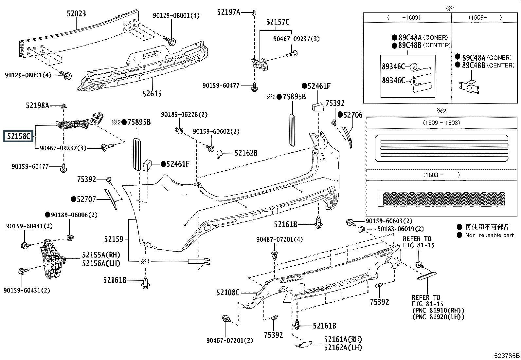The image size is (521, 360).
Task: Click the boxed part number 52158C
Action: pos(18,136)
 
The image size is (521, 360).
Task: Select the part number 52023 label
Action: pos(76,14)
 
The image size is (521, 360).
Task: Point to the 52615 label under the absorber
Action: pos(152,94)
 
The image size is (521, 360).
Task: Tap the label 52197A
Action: pos(228,12)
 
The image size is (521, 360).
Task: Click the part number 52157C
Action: pos(278,22)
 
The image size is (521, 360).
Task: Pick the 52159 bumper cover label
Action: pos(114,239)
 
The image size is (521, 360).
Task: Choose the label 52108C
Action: pos(228,292)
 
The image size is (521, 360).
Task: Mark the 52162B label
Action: pos(246,153)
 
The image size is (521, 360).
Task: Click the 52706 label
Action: pos(352,115)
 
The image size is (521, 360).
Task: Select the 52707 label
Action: pos(86,199)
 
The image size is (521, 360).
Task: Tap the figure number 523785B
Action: pos(507,356)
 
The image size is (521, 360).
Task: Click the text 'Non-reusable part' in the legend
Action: pos(489,235)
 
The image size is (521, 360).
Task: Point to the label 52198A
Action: pos(37,105)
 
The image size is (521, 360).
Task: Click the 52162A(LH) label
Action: pos(343,348)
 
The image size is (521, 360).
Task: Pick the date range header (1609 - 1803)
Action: pos(441,123)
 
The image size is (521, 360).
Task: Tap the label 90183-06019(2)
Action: pos(400,229)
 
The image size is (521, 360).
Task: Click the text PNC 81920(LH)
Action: pos(438,317)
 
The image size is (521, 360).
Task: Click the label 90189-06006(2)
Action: pos(74,215)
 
